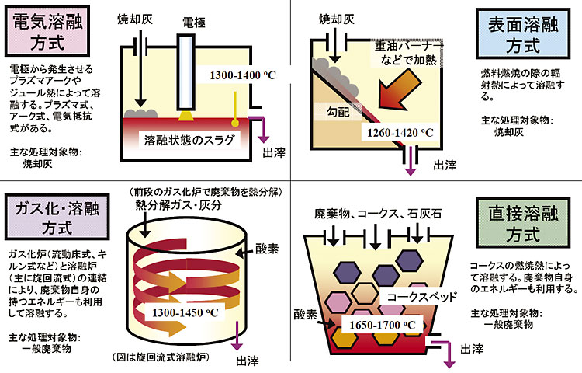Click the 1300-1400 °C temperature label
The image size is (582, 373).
tap(244, 75)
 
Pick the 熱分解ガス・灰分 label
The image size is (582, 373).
tap(178, 205)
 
